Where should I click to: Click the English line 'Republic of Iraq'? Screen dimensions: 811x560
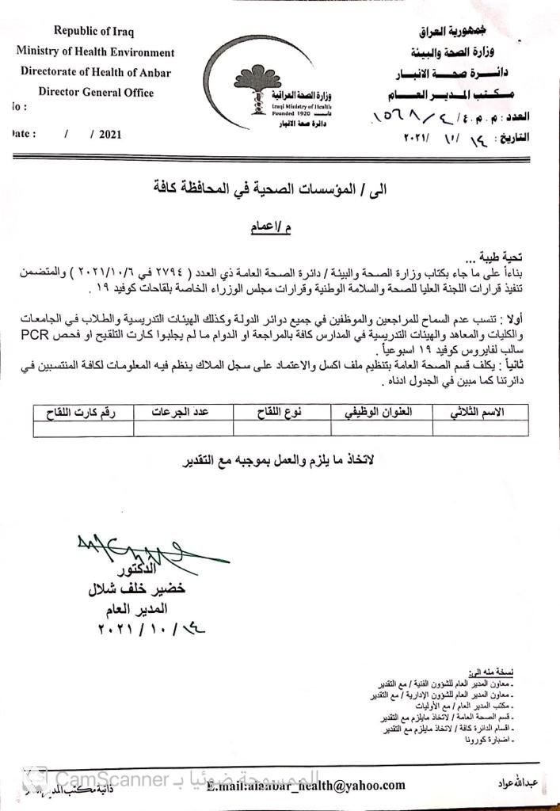click(x=93, y=31)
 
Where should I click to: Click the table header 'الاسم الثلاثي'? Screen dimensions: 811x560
click(x=477, y=413)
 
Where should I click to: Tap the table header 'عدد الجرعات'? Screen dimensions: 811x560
click(x=183, y=413)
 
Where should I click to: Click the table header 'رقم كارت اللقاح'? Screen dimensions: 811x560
click(x=83, y=413)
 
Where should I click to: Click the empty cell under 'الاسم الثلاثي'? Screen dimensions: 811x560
click(x=477, y=428)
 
